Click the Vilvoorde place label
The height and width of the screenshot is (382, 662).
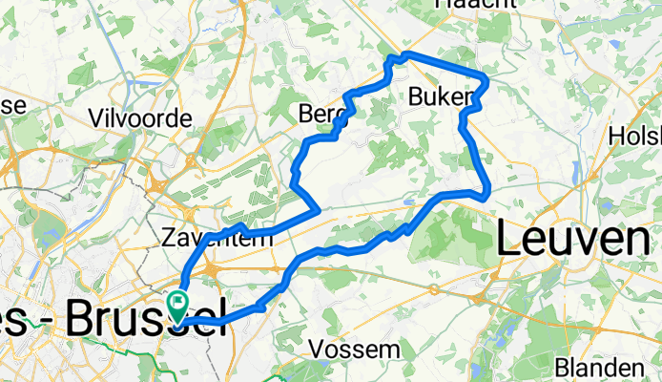153,118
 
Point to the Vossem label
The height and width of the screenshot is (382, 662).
355,350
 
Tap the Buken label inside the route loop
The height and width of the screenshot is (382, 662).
440,96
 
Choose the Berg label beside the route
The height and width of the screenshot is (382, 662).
320,114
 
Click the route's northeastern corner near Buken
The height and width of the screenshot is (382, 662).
486,79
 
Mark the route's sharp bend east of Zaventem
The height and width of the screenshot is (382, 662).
317,207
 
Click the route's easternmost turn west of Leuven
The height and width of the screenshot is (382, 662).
488,192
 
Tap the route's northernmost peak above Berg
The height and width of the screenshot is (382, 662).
405,54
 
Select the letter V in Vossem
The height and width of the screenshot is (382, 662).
317,350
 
